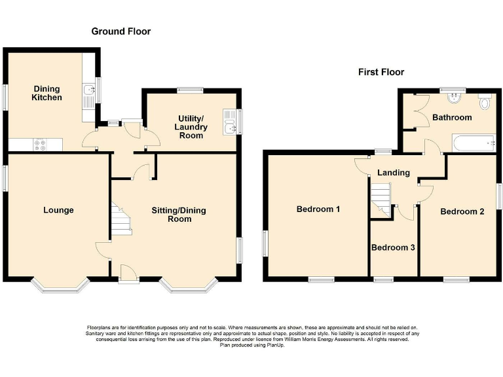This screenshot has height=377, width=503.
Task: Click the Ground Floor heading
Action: tap(121, 31)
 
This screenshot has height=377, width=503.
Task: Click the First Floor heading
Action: tap(381, 72)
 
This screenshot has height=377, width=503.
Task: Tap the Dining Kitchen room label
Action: tap(47, 93)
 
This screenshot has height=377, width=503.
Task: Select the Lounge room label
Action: tap(58, 210)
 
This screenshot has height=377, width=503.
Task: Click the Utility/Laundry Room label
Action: tap(190, 126)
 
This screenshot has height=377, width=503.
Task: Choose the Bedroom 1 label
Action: tap(318, 209)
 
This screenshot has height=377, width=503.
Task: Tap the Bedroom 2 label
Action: tap(462, 211)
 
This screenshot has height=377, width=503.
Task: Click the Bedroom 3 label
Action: tap(393, 248)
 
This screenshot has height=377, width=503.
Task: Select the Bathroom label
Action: tap(452, 118)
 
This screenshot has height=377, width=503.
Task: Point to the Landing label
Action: tap(394, 173)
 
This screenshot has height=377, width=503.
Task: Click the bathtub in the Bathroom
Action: tap(473, 142)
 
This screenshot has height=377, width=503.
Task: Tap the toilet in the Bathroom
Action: tap(485, 103)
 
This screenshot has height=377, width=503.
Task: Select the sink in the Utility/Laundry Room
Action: tap(229, 122)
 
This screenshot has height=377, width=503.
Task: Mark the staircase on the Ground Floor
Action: tap(121, 220)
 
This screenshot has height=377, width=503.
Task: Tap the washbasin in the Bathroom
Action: tap(453, 98)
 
